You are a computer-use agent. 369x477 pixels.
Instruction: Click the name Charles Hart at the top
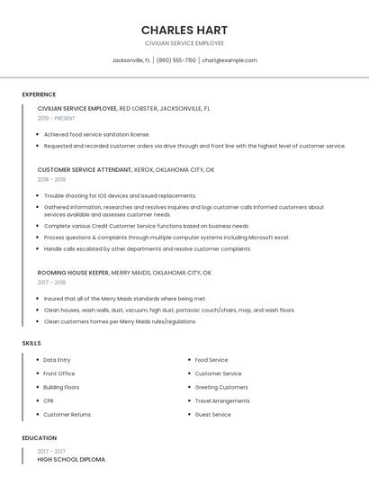184,30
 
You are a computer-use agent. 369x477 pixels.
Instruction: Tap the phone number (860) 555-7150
175,60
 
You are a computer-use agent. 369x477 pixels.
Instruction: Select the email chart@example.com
229,60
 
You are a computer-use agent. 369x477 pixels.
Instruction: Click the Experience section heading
39,94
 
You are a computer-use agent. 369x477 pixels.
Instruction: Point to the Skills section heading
31,343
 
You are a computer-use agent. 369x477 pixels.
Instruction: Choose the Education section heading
40,437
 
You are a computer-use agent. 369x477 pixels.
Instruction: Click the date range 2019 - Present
56,118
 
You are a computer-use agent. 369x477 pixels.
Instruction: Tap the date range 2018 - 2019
51,179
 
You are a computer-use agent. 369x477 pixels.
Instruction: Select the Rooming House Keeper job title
73,272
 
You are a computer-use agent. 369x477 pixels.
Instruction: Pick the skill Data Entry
57,360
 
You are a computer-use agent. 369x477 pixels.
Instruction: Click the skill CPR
49,400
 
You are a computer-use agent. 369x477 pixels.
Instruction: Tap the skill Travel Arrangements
222,400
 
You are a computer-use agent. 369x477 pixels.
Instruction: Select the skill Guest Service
212,415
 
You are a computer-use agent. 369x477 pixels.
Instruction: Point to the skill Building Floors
61,387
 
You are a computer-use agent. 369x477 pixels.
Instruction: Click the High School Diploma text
71,459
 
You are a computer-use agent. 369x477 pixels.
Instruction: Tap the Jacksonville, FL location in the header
131,60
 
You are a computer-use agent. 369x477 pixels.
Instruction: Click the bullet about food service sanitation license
96,134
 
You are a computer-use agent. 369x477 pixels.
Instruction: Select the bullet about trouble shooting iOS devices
120,195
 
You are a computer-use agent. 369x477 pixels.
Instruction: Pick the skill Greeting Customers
221,387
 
